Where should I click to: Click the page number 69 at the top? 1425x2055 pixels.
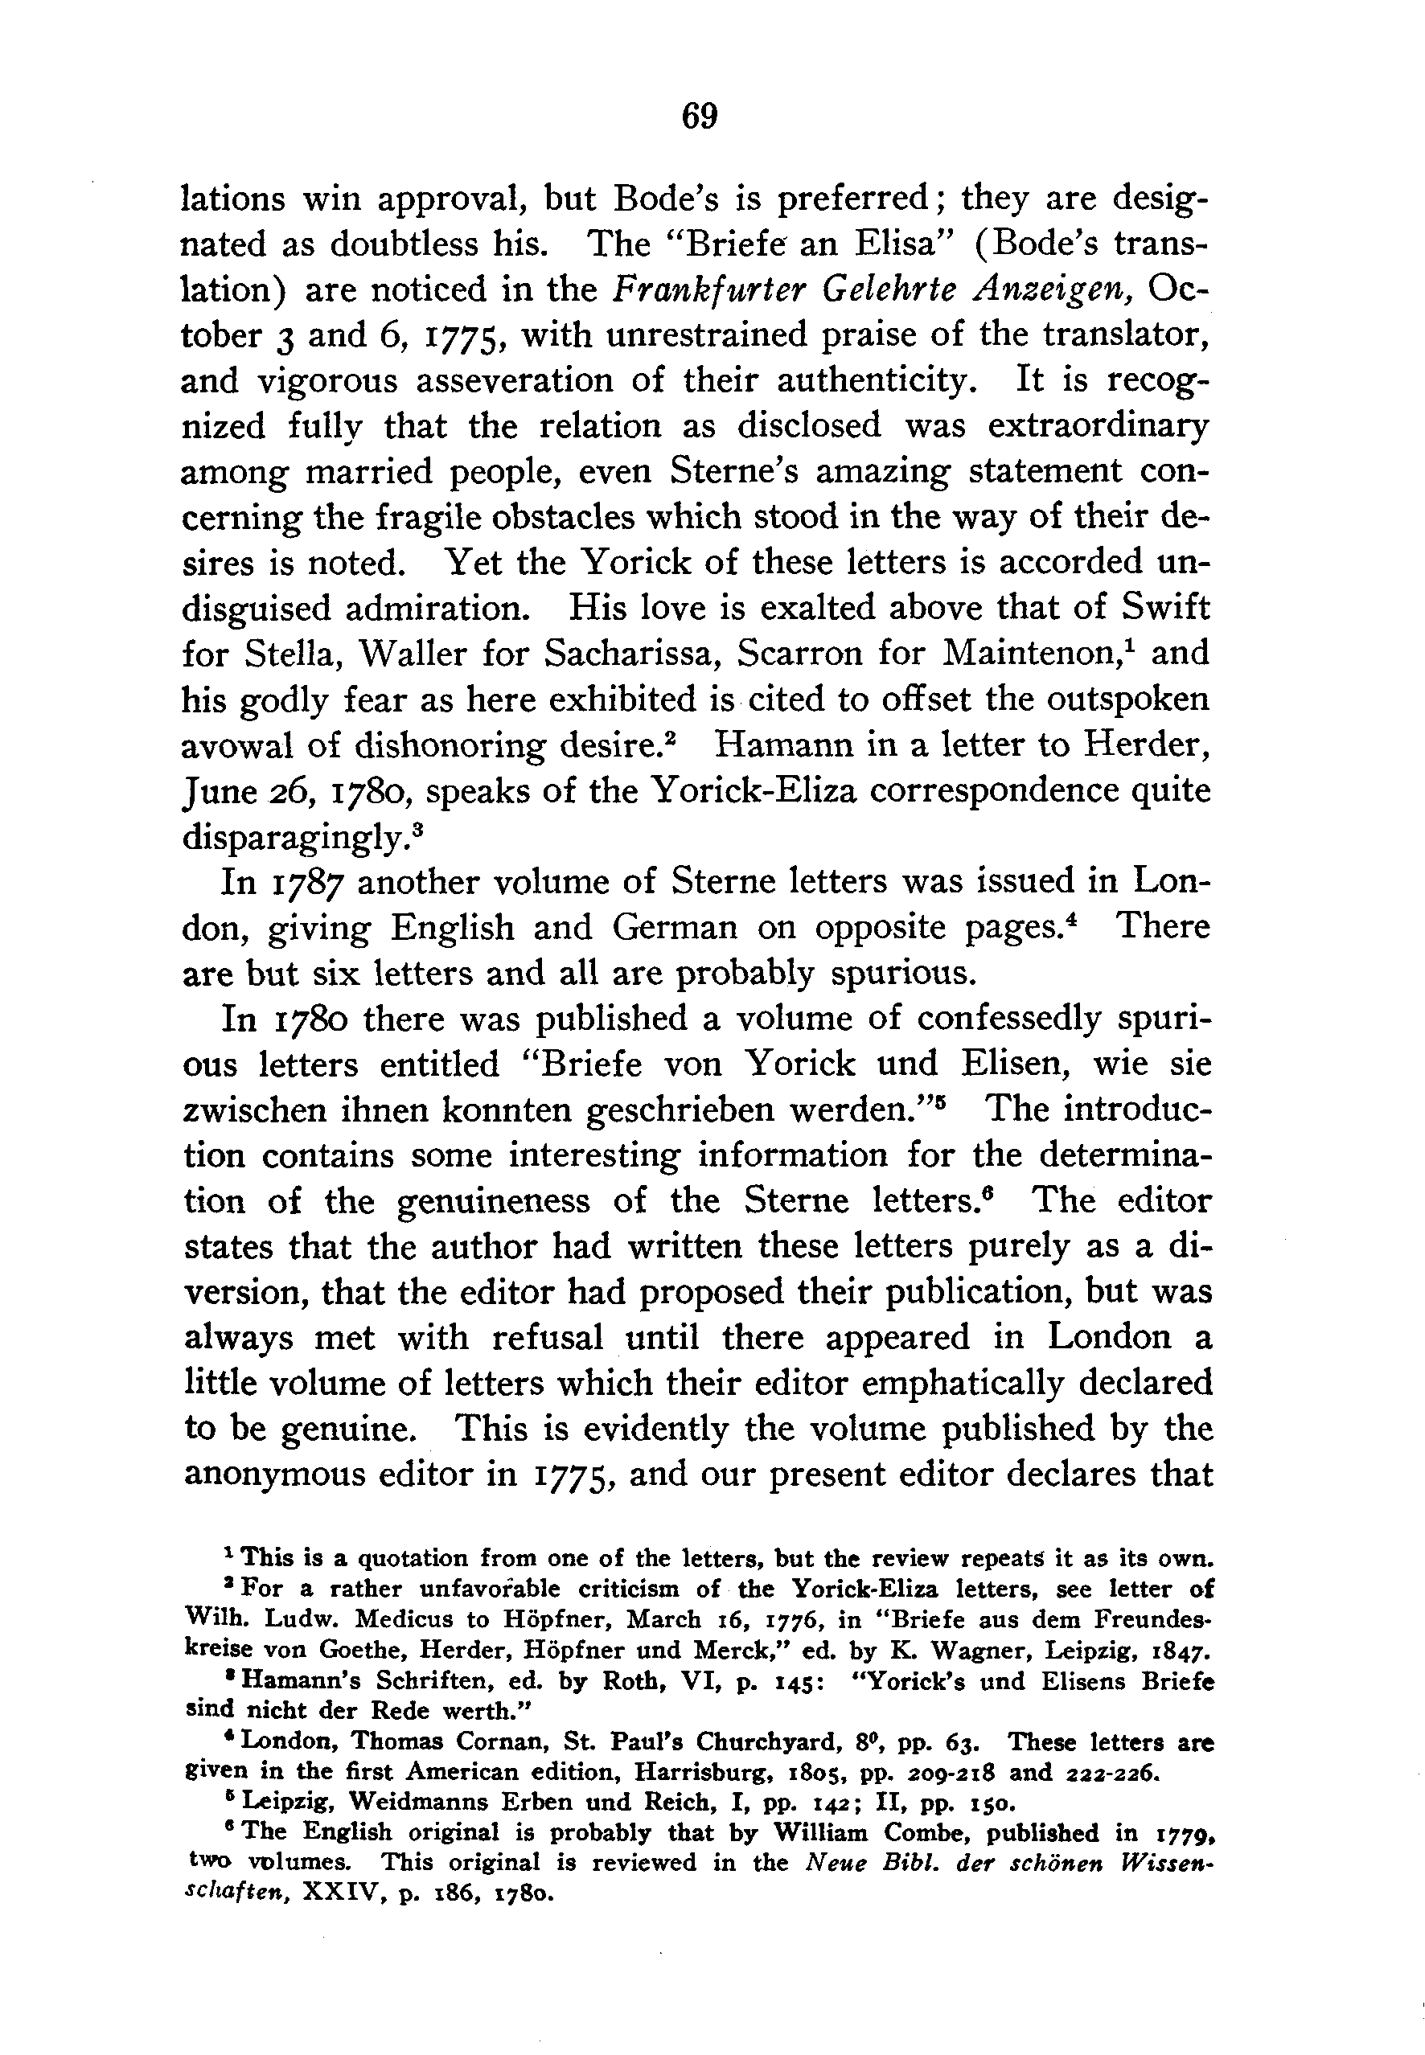click(x=699, y=116)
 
